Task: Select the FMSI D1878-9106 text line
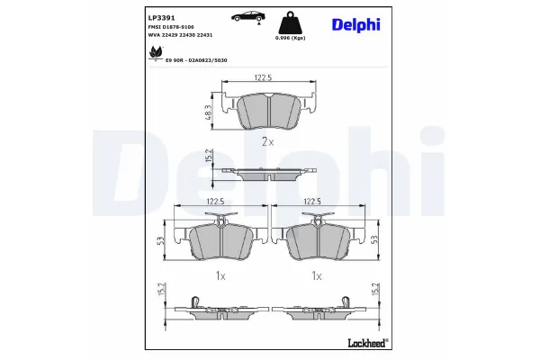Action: point(170,28)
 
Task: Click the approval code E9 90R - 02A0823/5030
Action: point(194,59)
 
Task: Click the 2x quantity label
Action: point(266,142)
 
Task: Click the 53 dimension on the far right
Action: point(373,239)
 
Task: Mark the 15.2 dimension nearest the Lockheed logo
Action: point(373,290)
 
